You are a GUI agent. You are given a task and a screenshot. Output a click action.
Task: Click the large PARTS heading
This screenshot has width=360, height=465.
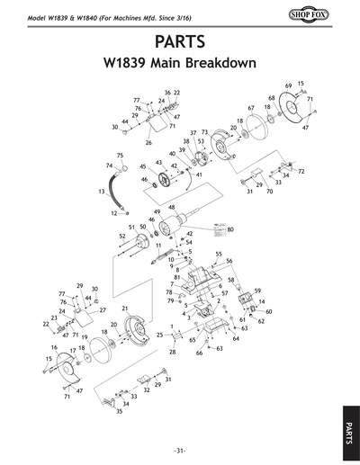(x=180, y=42)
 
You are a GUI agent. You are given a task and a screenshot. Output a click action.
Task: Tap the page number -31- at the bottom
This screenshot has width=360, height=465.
(x=180, y=450)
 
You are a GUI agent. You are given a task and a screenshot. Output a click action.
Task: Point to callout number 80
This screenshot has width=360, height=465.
(x=230, y=229)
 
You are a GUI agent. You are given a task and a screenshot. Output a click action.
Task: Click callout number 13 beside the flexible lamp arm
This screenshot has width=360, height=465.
(x=101, y=192)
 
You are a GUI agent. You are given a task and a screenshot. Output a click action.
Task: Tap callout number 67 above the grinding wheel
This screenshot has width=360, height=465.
(x=251, y=108)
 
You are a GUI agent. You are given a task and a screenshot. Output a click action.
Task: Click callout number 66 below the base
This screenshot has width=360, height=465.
(x=200, y=353)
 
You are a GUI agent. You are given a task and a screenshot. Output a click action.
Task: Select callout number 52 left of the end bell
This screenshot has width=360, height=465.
(x=121, y=237)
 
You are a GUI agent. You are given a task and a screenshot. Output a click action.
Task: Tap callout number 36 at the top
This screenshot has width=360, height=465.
(x=167, y=93)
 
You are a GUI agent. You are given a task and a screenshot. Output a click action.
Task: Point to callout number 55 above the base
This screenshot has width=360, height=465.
(x=218, y=255)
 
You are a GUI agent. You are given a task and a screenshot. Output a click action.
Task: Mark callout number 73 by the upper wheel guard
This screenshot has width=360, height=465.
(x=204, y=132)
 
